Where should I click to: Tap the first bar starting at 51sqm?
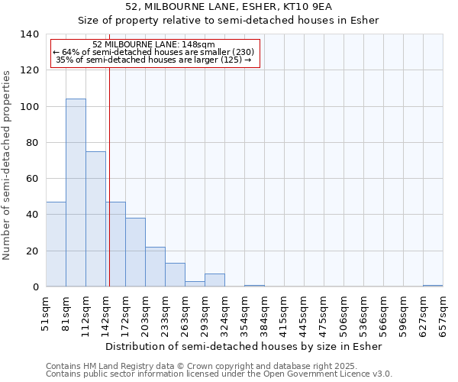tap(56, 244)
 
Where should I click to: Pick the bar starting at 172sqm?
tap(135, 252)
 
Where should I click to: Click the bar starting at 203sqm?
tap(155, 267)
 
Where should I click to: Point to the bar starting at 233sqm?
tap(175, 275)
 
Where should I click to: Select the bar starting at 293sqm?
tap(214, 280)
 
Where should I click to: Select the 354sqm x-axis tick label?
tap(244, 313)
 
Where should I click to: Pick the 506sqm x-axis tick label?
tap(343, 313)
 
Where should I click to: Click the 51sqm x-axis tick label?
tap(46, 313)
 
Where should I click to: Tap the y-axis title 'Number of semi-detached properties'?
tap(7, 164)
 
